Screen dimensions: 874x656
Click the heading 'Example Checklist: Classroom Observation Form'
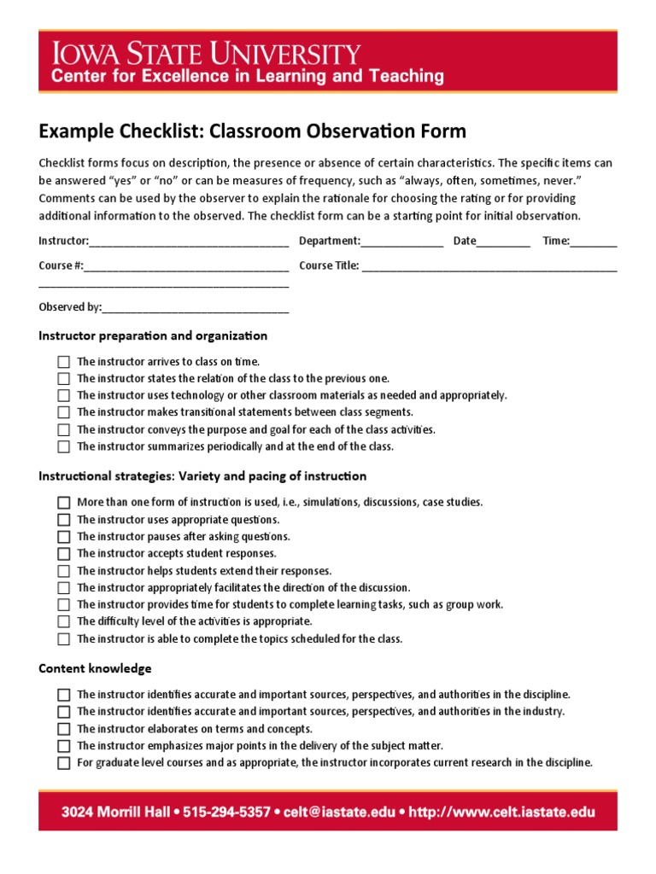click(x=252, y=131)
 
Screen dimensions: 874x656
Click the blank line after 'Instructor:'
click(x=189, y=242)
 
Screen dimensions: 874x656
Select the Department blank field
click(x=402, y=242)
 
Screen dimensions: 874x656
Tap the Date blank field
click(x=503, y=242)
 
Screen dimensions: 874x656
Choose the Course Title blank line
click(x=489, y=267)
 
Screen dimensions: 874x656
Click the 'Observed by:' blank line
click(x=196, y=308)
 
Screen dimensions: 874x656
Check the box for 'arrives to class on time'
click(x=64, y=362)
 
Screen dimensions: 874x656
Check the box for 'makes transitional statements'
click(x=64, y=413)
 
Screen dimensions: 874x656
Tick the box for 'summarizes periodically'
click(x=64, y=446)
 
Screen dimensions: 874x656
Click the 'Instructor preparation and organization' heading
click(x=153, y=336)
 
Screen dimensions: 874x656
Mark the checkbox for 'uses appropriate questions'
click(x=64, y=520)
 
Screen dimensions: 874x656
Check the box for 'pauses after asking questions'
click(x=64, y=537)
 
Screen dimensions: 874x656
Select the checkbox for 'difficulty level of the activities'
click(x=64, y=622)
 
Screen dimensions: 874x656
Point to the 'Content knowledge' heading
click(x=95, y=668)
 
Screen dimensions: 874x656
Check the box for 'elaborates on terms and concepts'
click(x=64, y=729)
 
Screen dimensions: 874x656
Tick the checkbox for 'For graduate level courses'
click(x=64, y=763)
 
